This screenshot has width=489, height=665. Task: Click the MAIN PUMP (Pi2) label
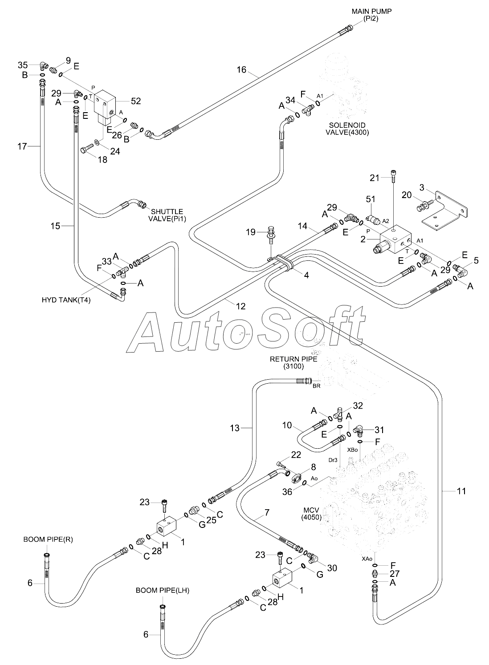371,15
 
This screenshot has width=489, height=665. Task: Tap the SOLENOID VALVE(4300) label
347,129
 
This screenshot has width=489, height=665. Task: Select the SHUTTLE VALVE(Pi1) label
167,215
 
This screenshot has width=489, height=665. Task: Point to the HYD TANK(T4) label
66,300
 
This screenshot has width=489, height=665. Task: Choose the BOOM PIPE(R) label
48,539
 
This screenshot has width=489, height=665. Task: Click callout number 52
136,101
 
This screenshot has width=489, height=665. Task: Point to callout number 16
241,69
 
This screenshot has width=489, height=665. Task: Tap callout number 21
375,178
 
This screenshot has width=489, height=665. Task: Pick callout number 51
371,199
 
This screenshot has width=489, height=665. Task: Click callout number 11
461,491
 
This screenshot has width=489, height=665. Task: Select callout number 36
287,491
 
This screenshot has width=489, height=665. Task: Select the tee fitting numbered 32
339,414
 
